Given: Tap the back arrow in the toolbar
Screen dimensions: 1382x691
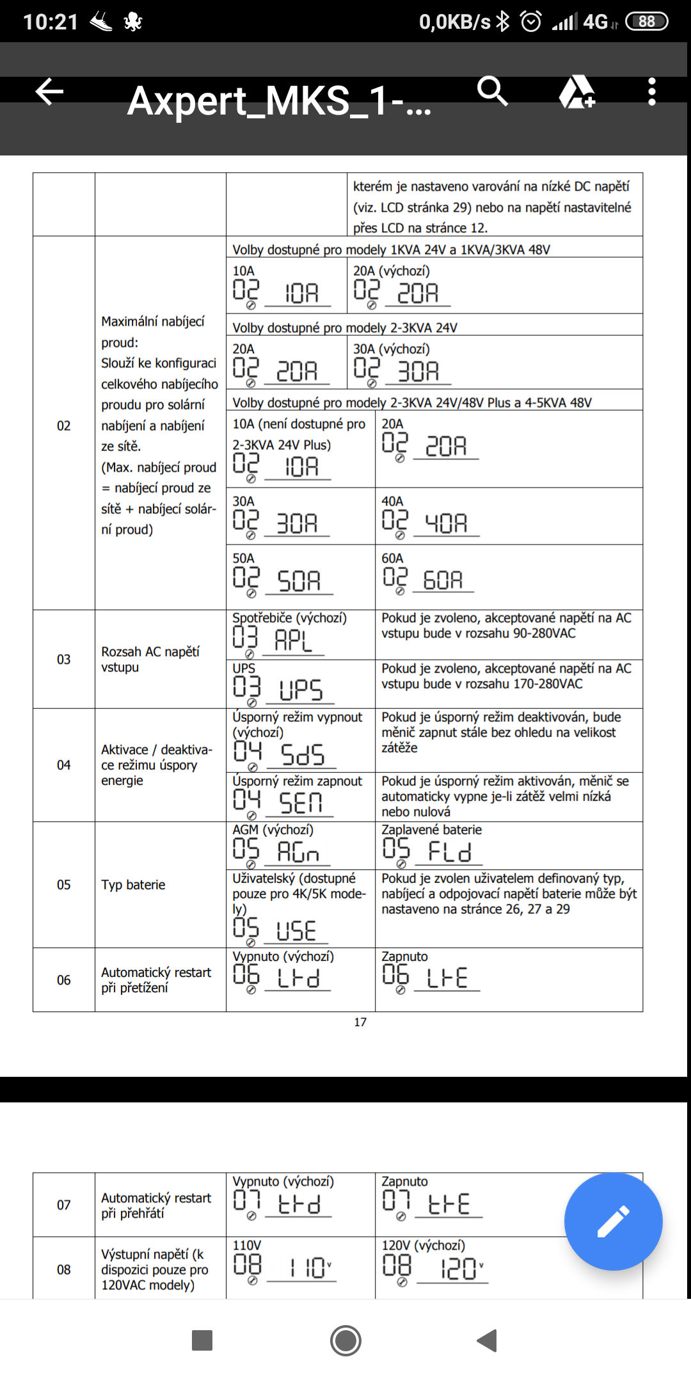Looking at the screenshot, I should pyautogui.click(x=49, y=91).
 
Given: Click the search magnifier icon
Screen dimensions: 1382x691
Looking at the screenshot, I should pyautogui.click(x=492, y=91).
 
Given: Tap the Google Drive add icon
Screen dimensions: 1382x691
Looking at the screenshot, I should pyautogui.click(x=577, y=92).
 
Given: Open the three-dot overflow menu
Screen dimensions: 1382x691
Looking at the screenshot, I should pyautogui.click(x=651, y=92).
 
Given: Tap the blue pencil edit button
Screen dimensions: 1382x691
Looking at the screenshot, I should pyautogui.click(x=613, y=1221).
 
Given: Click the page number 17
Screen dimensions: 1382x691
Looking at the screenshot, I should pyautogui.click(x=360, y=1022).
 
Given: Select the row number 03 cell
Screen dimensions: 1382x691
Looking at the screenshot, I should pyautogui.click(x=64, y=659).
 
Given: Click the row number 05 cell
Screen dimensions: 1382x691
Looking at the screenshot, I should pyautogui.click(x=64, y=884).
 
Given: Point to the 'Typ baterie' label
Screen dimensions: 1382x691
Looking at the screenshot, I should pyautogui.click(x=133, y=884).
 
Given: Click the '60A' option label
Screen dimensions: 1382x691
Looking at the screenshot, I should pyautogui.click(x=392, y=558).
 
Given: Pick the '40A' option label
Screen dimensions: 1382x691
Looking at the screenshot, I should pyautogui.click(x=392, y=501).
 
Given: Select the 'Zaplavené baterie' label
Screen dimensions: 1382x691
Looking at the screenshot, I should pyautogui.click(x=431, y=829).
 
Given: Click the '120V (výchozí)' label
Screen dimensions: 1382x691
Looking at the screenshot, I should pyautogui.click(x=423, y=1245).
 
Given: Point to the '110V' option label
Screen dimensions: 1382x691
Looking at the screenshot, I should pyautogui.click(x=247, y=1245).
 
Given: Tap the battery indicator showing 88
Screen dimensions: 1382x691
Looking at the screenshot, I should pyautogui.click(x=646, y=22).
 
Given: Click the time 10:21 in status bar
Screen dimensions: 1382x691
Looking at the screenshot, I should pyautogui.click(x=51, y=22).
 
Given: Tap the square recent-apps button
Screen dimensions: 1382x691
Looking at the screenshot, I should pyautogui.click(x=202, y=1340).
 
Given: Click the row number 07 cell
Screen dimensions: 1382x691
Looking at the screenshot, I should pyautogui.click(x=64, y=1205).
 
